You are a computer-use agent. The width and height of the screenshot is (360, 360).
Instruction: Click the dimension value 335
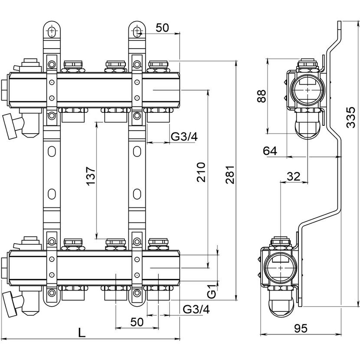tap(351, 117)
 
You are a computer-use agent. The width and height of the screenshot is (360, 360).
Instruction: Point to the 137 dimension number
tap(91, 176)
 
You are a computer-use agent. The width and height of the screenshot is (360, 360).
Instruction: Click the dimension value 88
tap(261, 96)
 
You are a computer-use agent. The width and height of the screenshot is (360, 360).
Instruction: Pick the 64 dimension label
tap(270, 151)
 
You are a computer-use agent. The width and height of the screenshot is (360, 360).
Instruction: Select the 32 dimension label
tap(294, 177)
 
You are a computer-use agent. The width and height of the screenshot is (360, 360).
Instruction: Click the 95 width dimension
tap(301, 328)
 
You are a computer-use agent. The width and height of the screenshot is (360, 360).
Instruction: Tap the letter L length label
tap(82, 332)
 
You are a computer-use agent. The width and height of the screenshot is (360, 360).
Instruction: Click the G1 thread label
tap(212, 291)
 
